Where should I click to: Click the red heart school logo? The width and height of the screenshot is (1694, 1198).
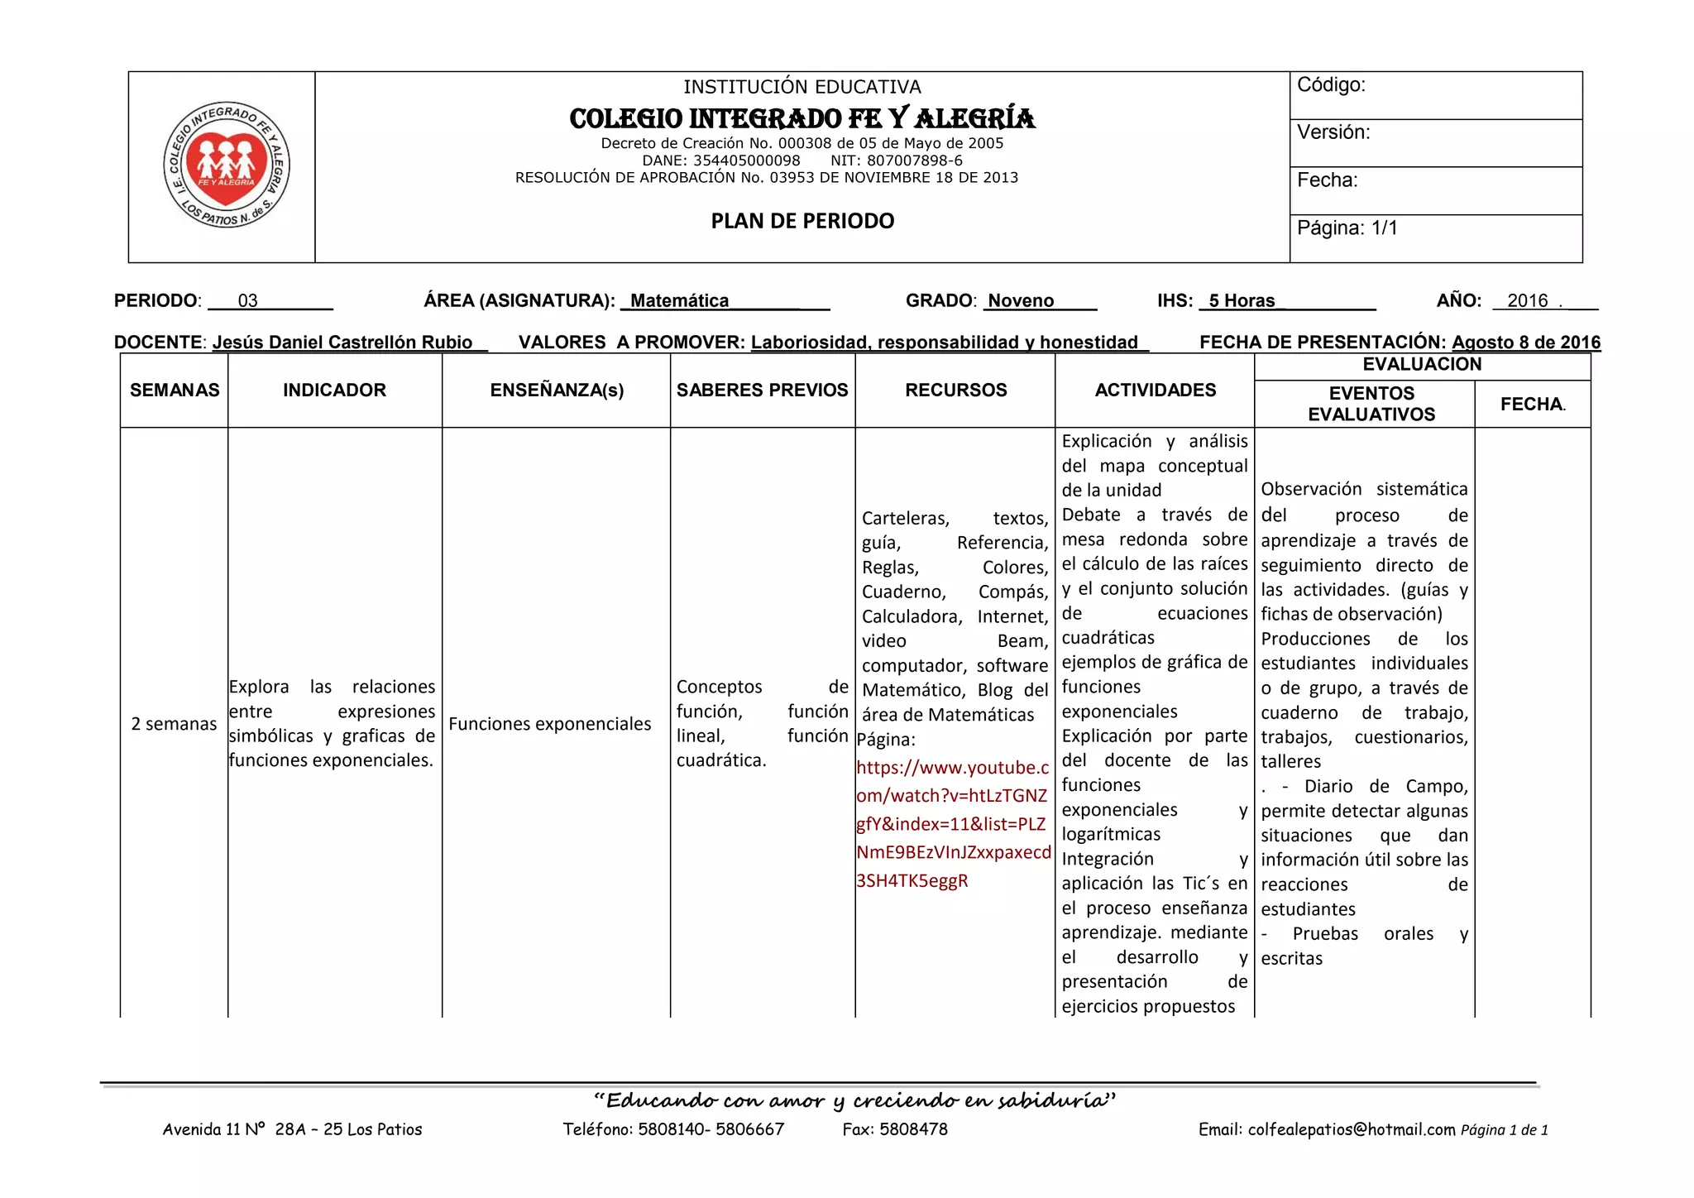pyautogui.click(x=226, y=165)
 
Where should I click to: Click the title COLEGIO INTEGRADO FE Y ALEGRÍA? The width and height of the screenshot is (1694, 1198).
pyautogui.click(x=802, y=119)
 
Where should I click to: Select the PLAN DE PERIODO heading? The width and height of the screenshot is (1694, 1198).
pyautogui.click(x=802, y=221)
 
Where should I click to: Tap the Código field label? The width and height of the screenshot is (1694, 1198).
pyautogui.click(x=1331, y=85)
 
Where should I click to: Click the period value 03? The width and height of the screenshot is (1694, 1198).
pyautogui.click(x=247, y=301)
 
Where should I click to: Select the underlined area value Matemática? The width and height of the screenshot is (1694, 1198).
pyautogui.click(x=680, y=301)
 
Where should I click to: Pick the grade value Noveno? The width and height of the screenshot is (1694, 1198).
pyautogui.click(x=1021, y=301)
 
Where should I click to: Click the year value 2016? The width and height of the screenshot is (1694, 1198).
pyautogui.click(x=1527, y=301)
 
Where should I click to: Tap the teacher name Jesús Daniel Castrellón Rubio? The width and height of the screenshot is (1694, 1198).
pyautogui.click(x=342, y=343)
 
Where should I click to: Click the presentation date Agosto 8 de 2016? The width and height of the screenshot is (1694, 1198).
pyautogui.click(x=1525, y=343)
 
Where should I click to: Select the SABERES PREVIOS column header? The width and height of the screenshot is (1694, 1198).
pyautogui.click(x=762, y=391)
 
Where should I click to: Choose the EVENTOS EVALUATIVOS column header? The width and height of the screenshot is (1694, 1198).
pyautogui.click(x=1371, y=404)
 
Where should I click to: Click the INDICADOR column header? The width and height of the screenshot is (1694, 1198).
pyautogui.click(x=334, y=391)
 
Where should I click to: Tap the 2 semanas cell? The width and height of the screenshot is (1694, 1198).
pyautogui.click(x=174, y=724)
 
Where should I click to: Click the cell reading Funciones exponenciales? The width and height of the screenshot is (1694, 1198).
pyautogui.click(x=549, y=724)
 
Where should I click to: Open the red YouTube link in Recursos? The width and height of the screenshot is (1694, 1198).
pyautogui.click(x=952, y=824)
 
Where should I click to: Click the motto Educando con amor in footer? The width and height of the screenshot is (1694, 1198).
pyautogui.click(x=854, y=1100)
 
